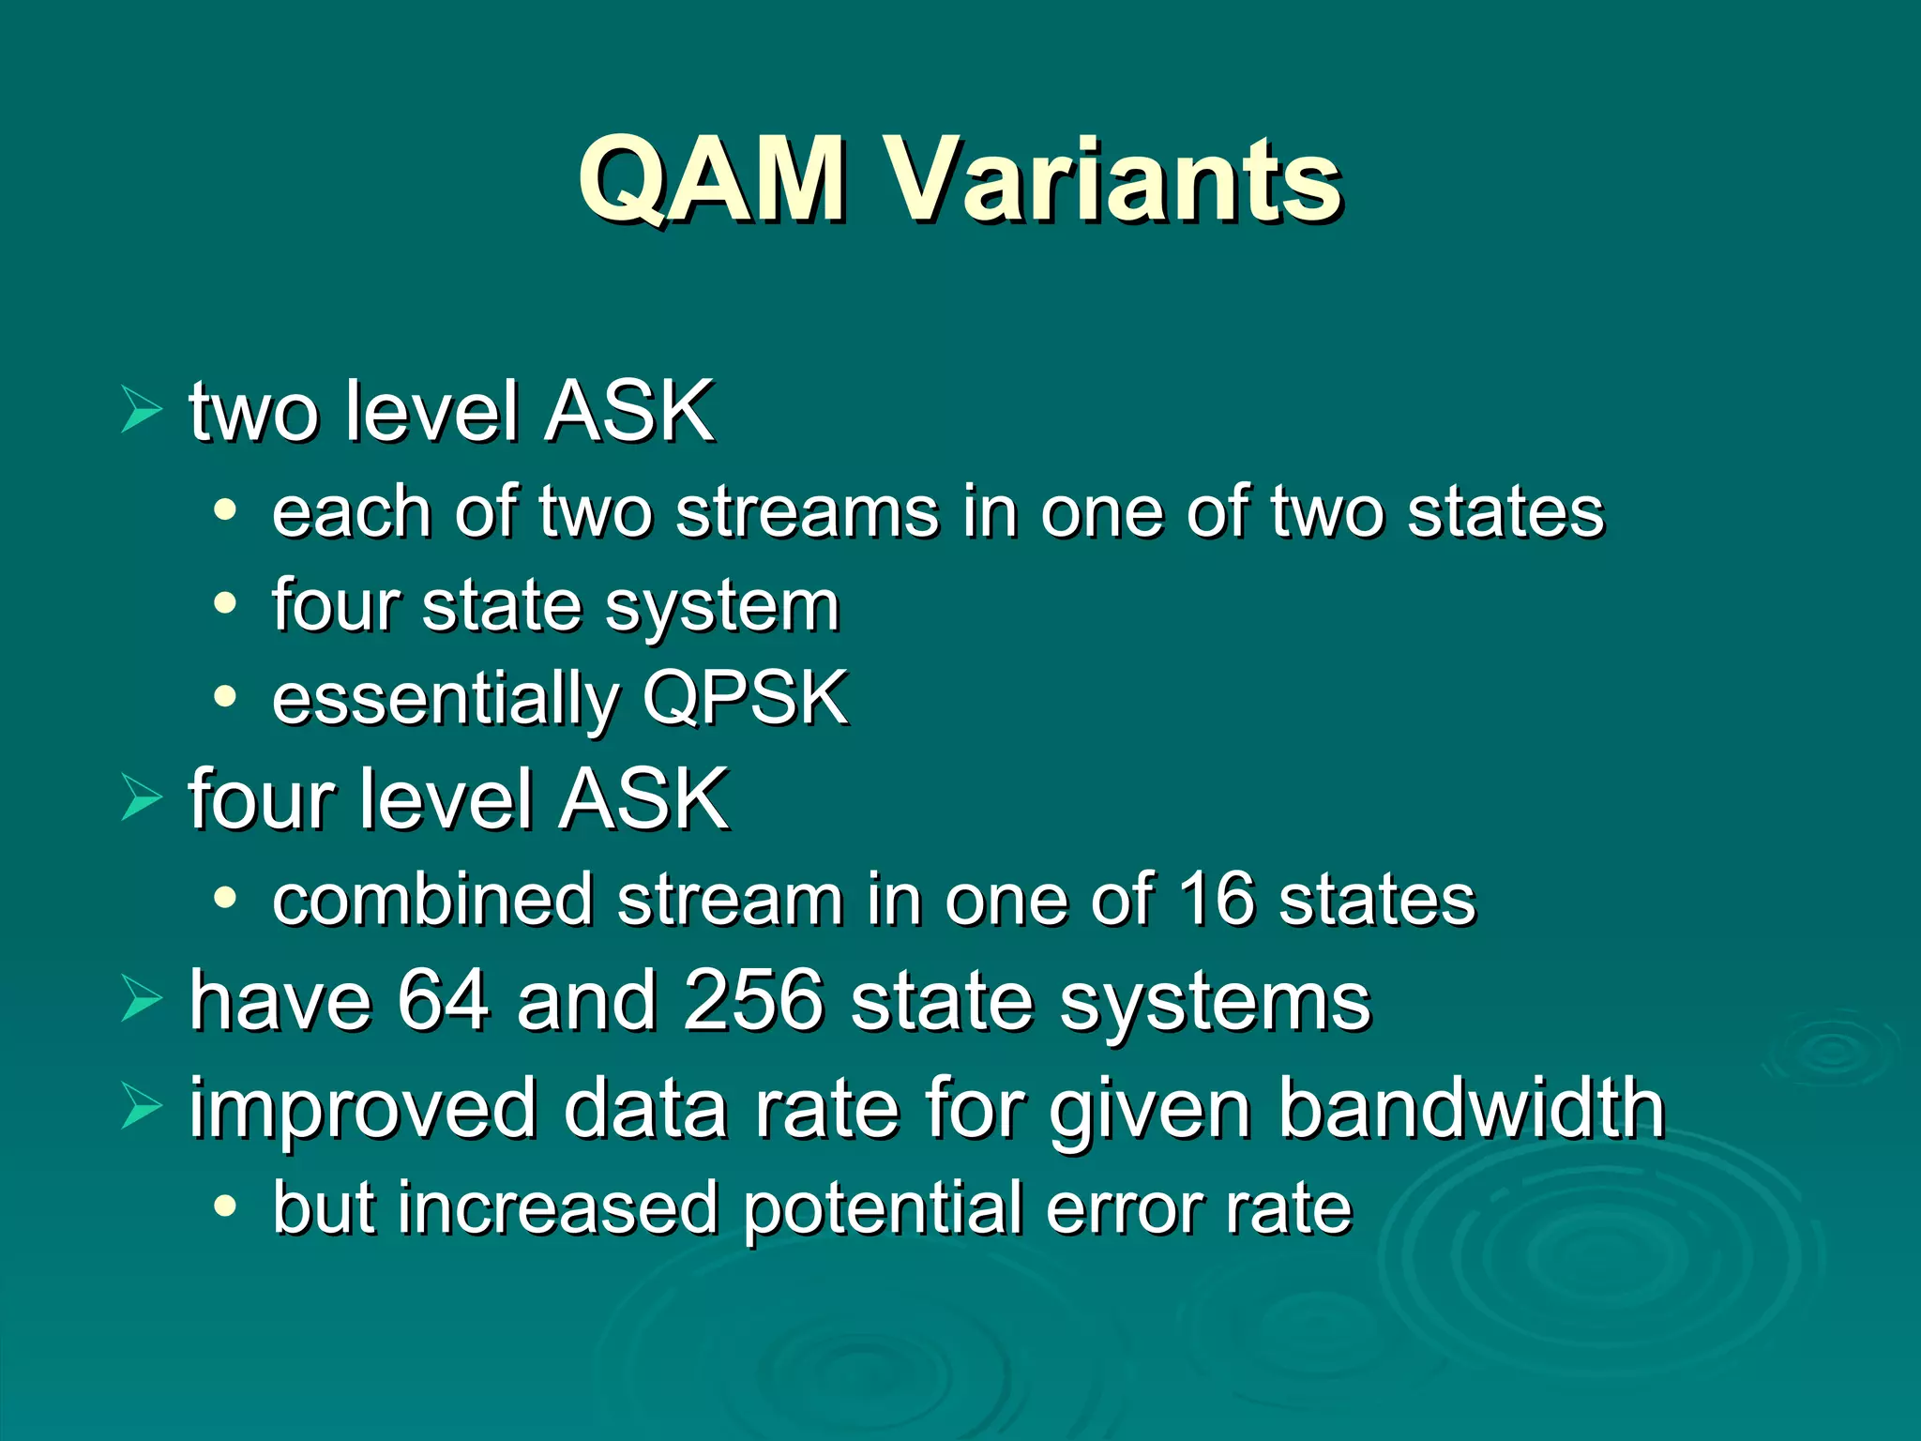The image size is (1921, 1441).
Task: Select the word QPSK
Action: click(x=746, y=698)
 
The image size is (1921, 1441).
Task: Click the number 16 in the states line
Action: click(x=1216, y=899)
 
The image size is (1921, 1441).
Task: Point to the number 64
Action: click(x=443, y=1000)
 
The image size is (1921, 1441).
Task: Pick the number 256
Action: click(x=753, y=1000)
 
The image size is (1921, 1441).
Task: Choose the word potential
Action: click(x=882, y=1210)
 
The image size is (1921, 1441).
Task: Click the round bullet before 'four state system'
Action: click(x=225, y=604)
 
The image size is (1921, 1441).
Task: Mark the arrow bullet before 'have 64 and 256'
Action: click(x=142, y=1000)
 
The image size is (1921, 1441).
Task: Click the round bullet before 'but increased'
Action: click(x=225, y=1206)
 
